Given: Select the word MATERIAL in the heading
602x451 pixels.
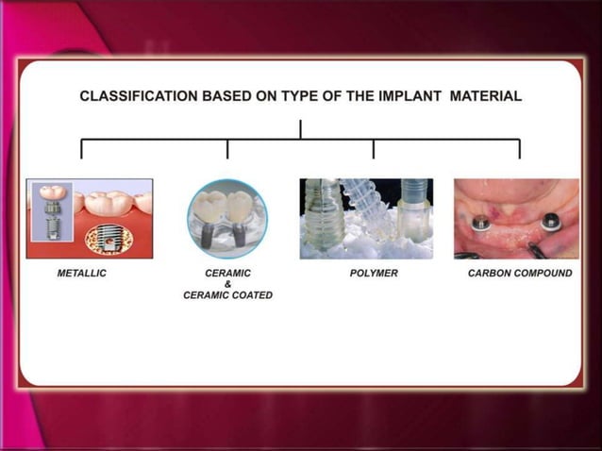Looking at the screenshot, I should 486,96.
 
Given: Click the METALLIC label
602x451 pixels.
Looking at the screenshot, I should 82,274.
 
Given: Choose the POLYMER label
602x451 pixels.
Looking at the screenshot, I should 374,274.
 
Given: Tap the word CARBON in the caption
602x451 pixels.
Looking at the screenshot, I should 493,274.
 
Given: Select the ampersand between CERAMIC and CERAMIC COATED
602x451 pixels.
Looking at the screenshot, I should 227,284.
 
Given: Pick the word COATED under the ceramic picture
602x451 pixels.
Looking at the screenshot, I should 252,294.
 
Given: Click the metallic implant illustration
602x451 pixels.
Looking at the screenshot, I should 90,219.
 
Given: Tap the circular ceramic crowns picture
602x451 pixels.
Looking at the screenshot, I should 227,219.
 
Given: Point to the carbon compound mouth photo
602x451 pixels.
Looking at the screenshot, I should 516,219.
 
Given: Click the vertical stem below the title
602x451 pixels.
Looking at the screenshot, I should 301,129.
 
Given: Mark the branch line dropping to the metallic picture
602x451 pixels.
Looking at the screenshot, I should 82,149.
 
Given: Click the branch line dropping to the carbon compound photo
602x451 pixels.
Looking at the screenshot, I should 519,149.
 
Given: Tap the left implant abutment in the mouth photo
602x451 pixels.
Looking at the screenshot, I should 481,224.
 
